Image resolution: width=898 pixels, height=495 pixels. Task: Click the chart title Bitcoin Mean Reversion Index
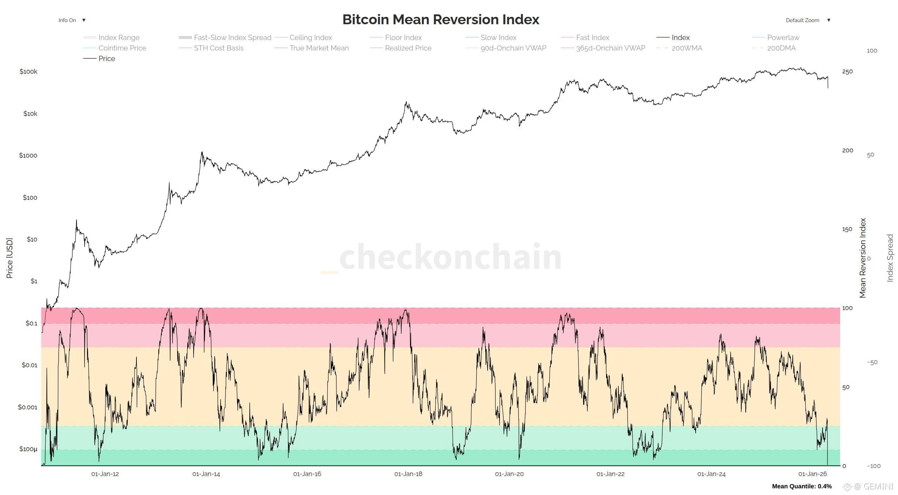click(x=441, y=19)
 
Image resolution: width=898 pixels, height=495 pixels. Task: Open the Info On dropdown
click(x=72, y=20)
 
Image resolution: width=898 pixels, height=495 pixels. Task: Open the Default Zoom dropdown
click(x=808, y=20)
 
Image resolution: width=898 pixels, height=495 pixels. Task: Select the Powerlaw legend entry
click(x=776, y=38)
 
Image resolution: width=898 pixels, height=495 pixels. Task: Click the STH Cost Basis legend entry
click(x=211, y=48)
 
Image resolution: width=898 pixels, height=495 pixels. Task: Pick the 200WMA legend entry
click(x=679, y=48)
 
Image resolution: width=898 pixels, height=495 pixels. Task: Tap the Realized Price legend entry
click(x=401, y=48)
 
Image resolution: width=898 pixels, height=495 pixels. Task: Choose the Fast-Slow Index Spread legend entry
click(x=225, y=38)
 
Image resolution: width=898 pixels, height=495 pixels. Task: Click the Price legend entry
click(x=99, y=59)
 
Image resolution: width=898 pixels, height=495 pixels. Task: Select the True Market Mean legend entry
click(x=311, y=48)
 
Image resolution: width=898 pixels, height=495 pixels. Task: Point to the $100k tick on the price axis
click(x=28, y=72)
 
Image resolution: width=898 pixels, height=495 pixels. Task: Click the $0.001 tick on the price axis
click(x=28, y=407)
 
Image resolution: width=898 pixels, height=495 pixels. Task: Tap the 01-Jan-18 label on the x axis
click(x=408, y=474)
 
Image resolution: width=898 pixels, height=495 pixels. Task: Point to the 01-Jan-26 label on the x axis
click(x=813, y=474)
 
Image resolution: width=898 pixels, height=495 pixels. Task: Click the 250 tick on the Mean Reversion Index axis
click(x=847, y=72)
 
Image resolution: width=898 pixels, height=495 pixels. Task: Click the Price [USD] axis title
click(x=9, y=258)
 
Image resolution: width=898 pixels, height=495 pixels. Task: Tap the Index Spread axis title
click(x=890, y=258)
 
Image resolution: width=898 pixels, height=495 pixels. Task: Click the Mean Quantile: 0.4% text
click(x=802, y=486)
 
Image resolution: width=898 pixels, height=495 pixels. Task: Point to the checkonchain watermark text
click(x=450, y=257)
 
